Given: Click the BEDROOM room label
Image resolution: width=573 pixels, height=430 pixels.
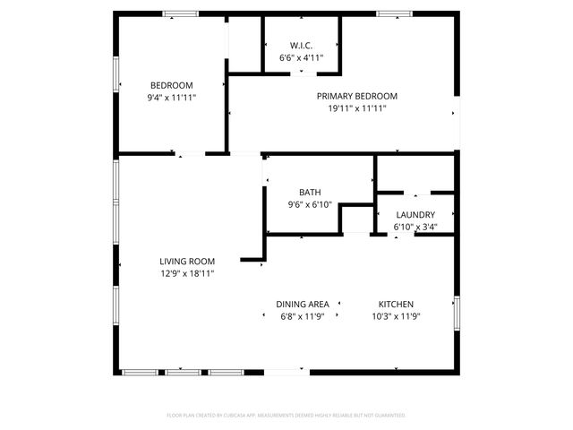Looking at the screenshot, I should [x=172, y=85].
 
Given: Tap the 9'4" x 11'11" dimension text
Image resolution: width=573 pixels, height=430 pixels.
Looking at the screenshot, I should [x=172, y=98].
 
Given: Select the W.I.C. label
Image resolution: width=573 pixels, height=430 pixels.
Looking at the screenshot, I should [x=301, y=46].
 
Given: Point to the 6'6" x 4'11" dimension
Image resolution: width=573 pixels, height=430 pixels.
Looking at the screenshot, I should [x=301, y=57].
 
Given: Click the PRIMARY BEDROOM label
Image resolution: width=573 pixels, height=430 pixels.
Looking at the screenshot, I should [x=356, y=96].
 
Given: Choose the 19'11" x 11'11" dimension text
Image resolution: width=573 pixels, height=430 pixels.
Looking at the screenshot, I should [x=356, y=108].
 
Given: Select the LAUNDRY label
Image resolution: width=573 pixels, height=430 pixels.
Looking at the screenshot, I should [x=415, y=215].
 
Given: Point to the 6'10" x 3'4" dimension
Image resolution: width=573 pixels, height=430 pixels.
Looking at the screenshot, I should [x=415, y=227].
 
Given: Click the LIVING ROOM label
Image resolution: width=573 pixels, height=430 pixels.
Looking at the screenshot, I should [x=187, y=262].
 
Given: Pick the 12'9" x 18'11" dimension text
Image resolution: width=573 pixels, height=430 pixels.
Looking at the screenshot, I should [x=187, y=273].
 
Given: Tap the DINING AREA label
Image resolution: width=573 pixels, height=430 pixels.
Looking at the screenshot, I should [x=302, y=305].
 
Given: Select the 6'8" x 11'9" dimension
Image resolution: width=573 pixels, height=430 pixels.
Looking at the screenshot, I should [x=302, y=316].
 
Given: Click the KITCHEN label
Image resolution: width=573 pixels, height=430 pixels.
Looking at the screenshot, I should [x=396, y=305].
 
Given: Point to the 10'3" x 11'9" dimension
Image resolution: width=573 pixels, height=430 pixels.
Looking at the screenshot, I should [x=396, y=316].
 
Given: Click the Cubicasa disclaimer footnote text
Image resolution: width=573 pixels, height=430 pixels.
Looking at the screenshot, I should [x=286, y=415].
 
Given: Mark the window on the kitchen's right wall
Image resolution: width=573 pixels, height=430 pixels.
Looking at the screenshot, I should [x=457, y=312].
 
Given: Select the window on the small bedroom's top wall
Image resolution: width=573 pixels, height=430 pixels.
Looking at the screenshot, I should [x=181, y=13].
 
